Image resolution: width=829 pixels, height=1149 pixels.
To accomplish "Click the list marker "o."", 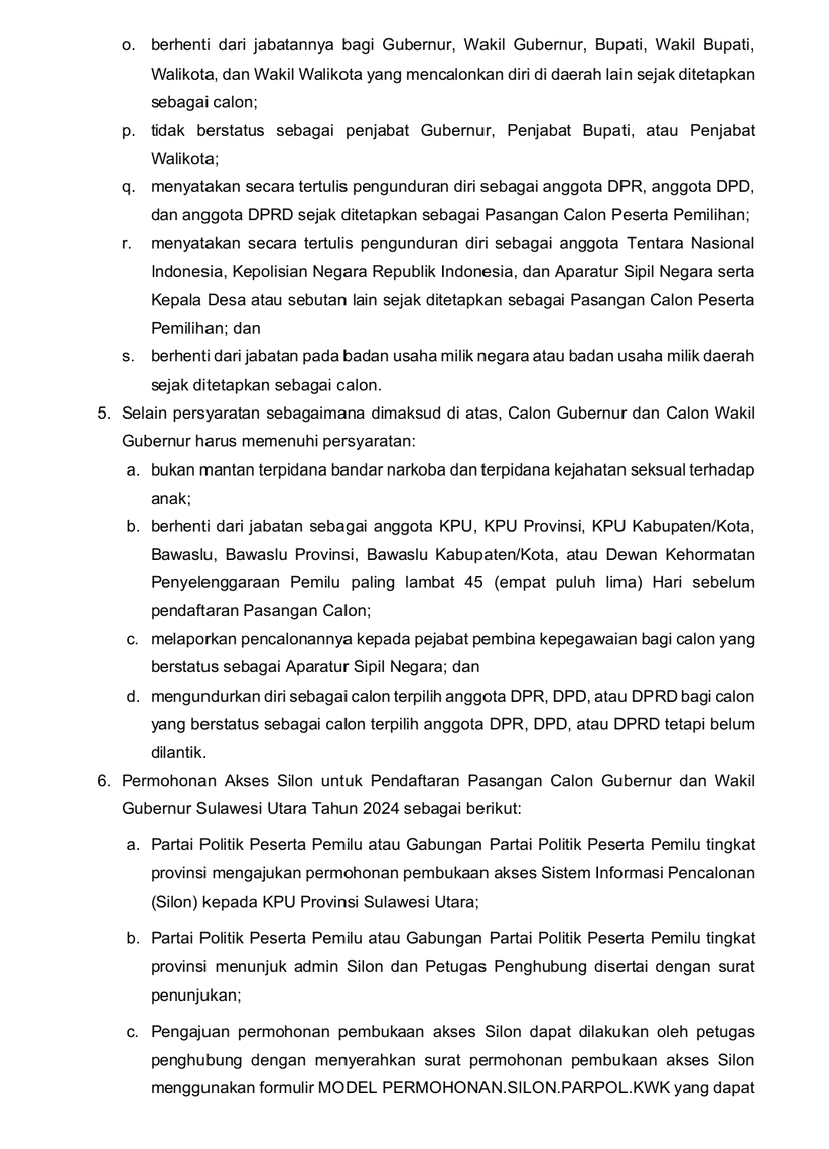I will [x=128, y=46].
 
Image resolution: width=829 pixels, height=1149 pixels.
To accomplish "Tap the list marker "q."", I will [x=128, y=187].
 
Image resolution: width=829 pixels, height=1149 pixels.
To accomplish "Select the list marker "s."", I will [x=128, y=357].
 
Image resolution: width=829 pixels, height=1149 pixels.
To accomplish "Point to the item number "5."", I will [x=104, y=414].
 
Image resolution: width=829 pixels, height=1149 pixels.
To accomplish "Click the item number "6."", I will [x=104, y=782].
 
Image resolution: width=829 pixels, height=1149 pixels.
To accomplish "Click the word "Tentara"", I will [x=655, y=244].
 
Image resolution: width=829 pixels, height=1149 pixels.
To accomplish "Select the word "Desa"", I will [x=227, y=301].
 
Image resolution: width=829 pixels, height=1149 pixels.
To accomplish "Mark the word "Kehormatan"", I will [x=710, y=555].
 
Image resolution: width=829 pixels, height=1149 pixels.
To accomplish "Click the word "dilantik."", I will [x=178, y=753].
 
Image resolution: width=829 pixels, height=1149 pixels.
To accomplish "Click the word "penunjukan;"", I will [x=197, y=996].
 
